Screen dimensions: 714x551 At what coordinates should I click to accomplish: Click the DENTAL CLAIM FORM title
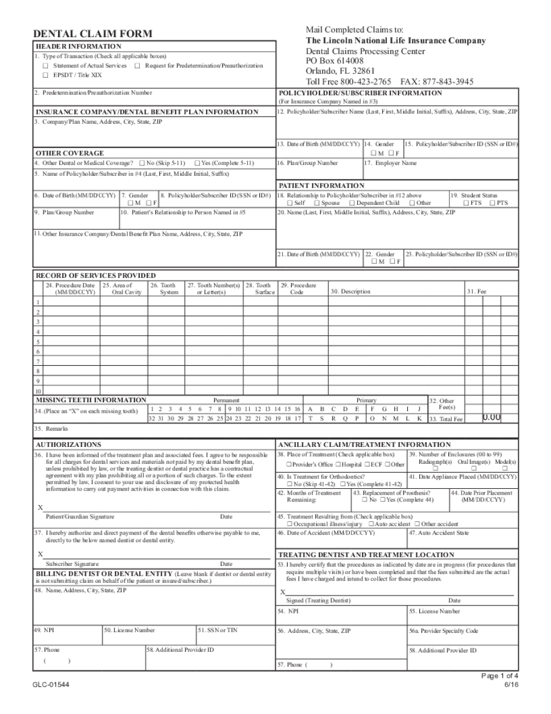tap(93, 34)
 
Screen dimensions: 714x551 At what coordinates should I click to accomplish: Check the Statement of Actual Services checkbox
tap(46, 66)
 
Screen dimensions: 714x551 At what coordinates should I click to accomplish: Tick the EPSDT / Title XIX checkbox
tap(46, 75)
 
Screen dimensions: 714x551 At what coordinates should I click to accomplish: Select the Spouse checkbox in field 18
tap(317, 203)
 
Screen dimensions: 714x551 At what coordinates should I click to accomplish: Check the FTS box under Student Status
tap(466, 203)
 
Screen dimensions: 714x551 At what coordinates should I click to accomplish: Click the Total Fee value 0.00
tap(492, 417)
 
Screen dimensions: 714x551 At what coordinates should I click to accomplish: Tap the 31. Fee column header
tap(477, 291)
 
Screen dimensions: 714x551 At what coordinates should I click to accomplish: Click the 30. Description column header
tap(350, 291)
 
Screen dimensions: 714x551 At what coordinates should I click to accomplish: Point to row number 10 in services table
tap(38, 391)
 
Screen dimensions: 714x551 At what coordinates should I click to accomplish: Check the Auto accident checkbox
tap(371, 524)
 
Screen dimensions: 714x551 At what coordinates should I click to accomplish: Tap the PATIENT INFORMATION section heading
tap(321, 186)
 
